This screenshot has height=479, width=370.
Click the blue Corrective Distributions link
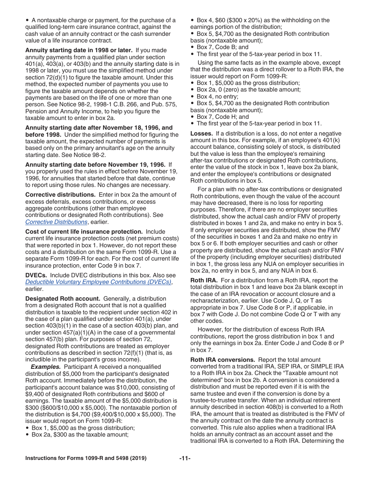point(56,222)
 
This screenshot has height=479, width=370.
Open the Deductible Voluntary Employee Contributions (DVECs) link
point(98,282)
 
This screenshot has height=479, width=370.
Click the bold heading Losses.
point(201,134)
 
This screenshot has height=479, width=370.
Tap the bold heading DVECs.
point(36,275)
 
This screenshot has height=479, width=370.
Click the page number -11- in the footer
point(185,458)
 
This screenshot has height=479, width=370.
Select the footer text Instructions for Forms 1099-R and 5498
point(86,458)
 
